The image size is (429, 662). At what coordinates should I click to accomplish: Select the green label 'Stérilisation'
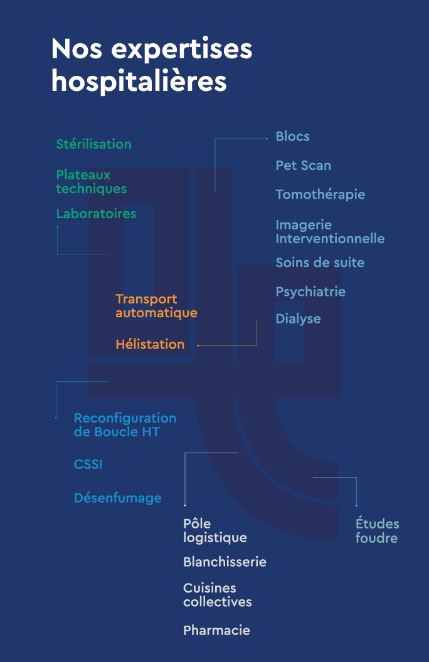click(x=93, y=144)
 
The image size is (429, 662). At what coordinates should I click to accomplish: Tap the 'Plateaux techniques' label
click(x=91, y=182)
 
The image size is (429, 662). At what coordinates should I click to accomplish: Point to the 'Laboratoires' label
click(x=96, y=214)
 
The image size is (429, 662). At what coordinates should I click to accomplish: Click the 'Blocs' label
click(x=292, y=137)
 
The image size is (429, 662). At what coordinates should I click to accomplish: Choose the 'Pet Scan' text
click(x=303, y=165)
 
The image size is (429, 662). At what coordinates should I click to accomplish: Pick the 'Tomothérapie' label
click(x=320, y=195)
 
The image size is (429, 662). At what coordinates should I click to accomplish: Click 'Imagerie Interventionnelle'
click(x=330, y=232)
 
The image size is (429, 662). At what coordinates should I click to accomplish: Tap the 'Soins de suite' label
click(x=320, y=263)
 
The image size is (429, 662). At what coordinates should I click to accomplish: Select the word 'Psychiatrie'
click(x=310, y=292)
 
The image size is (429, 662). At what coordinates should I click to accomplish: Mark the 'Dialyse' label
click(x=298, y=319)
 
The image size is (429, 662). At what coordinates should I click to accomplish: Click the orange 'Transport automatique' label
click(x=156, y=306)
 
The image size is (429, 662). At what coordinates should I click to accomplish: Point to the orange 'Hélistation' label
click(x=150, y=345)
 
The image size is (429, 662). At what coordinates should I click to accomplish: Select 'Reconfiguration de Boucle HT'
click(x=125, y=425)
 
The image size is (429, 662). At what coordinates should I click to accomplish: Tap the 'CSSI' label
click(x=88, y=465)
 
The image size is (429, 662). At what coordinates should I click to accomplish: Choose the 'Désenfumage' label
click(x=117, y=498)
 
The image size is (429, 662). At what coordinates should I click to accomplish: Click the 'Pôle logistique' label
click(x=214, y=531)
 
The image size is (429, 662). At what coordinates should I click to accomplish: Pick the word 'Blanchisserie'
click(x=225, y=562)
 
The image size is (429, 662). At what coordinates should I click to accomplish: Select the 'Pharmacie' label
click(x=216, y=631)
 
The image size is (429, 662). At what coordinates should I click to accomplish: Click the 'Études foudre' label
click(x=377, y=531)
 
